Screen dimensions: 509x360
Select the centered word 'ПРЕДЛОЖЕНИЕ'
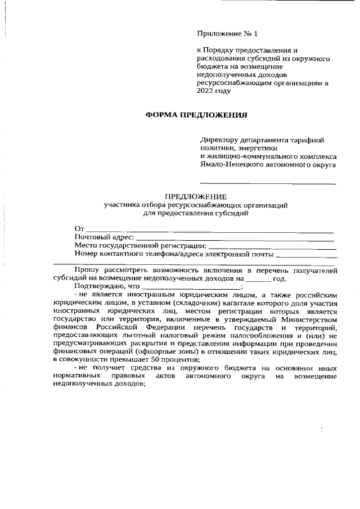pyautogui.click(x=195, y=197)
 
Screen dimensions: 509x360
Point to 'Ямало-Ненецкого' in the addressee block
pyautogui.click(x=231, y=165)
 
